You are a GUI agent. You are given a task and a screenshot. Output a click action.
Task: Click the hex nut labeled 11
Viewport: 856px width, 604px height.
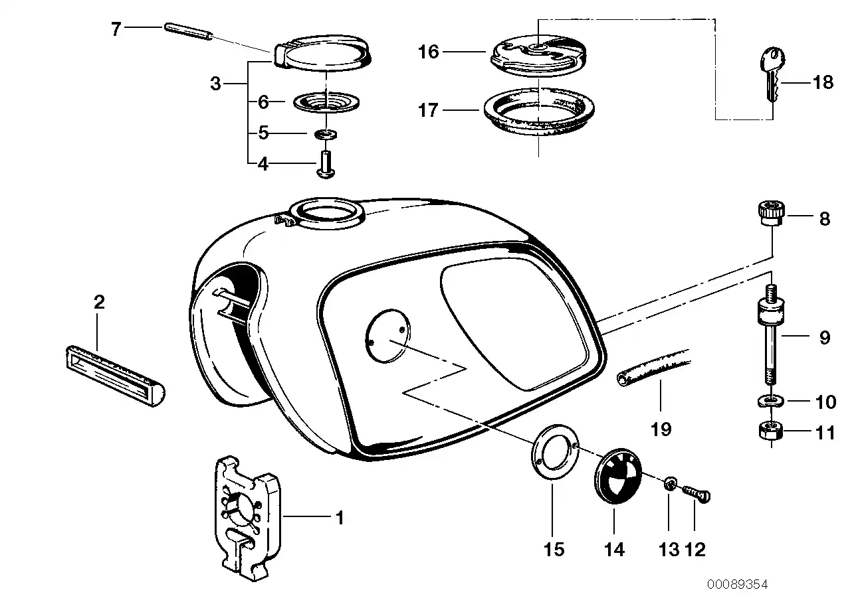(x=771, y=433)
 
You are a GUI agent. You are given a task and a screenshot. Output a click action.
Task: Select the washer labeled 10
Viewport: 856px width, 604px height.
(x=770, y=400)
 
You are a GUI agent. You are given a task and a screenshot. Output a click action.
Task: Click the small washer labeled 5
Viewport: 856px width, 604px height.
(x=325, y=135)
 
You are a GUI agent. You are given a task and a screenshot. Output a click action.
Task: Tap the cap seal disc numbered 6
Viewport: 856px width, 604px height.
(x=326, y=103)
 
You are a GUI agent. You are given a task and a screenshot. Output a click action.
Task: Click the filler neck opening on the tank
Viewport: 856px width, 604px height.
(x=327, y=213)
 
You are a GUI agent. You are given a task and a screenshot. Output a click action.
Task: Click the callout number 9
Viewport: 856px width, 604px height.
(x=824, y=339)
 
